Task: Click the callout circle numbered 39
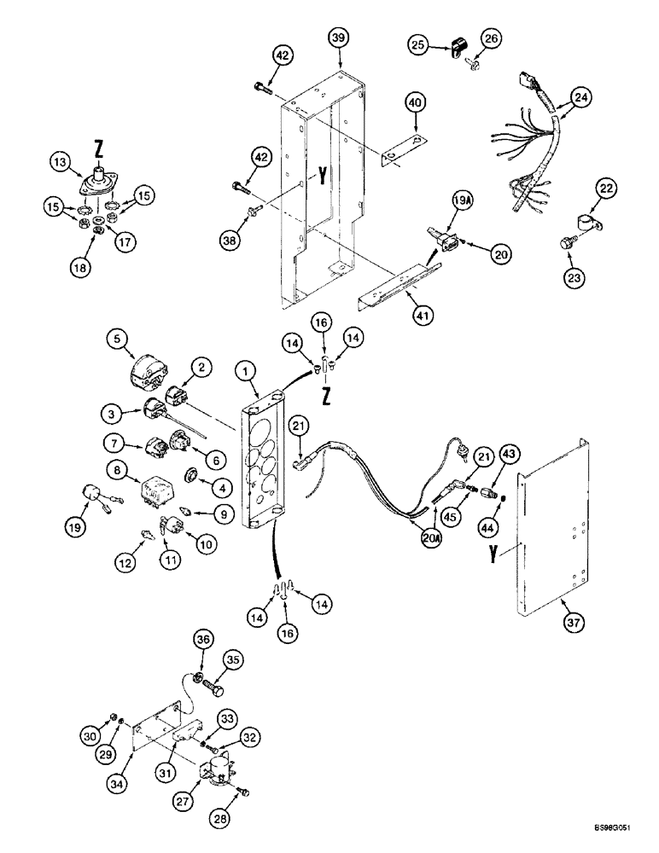tap(340, 38)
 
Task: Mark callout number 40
tap(414, 104)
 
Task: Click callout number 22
tap(605, 189)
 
